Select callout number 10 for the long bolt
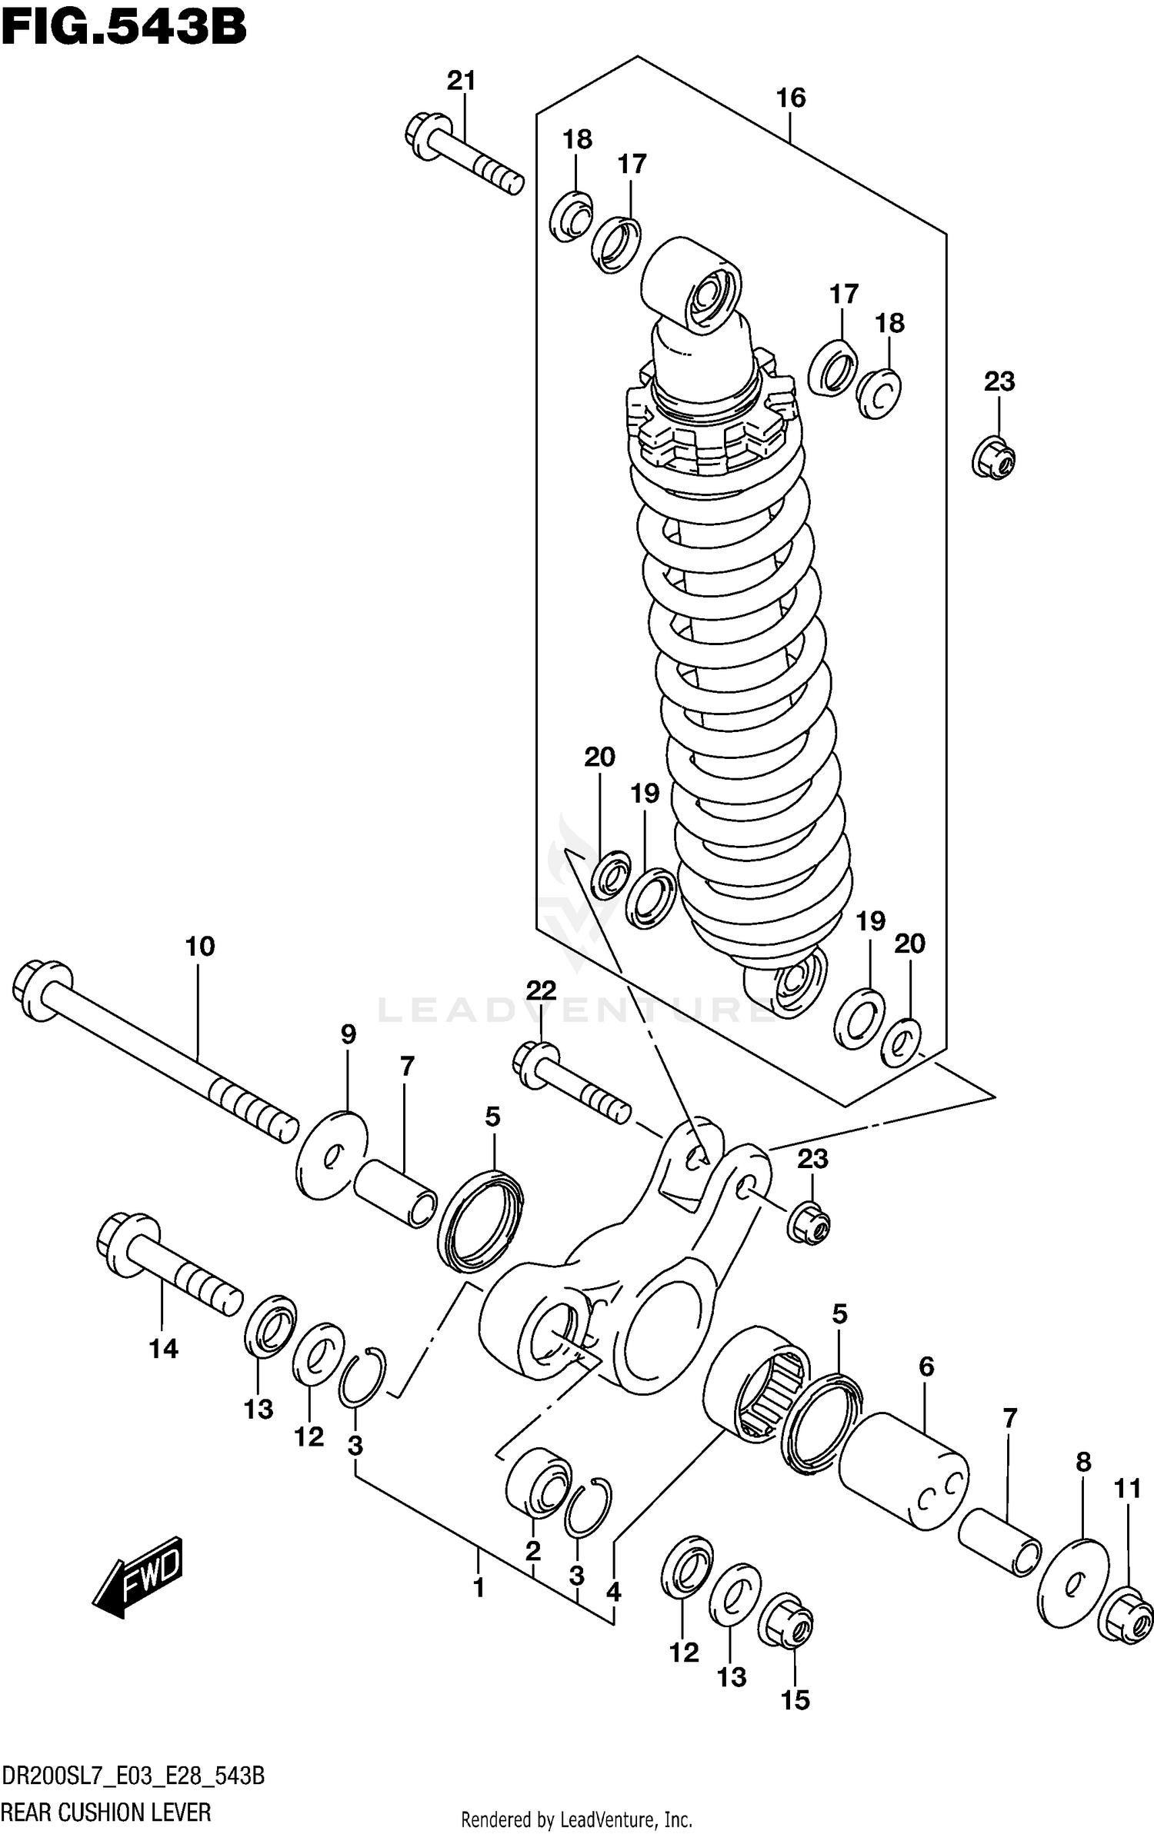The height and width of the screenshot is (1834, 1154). point(199,947)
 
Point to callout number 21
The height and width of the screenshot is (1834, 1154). point(462,81)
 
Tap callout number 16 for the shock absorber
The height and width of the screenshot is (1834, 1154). point(790,98)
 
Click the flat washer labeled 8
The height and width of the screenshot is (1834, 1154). point(1073,1583)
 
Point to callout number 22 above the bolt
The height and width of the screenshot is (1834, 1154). point(542,990)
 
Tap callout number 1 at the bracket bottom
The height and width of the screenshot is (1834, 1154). point(479,1587)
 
